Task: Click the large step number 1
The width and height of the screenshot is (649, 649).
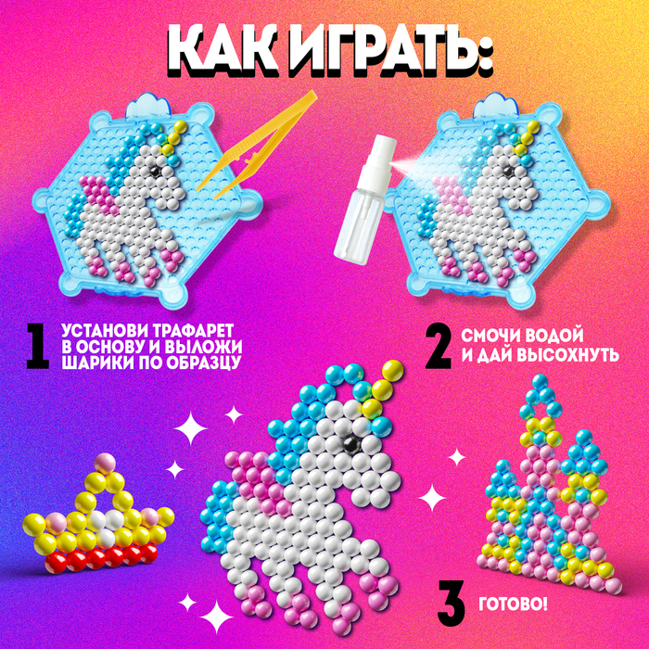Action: [x=38, y=346]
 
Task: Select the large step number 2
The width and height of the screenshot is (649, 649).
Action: [x=439, y=346]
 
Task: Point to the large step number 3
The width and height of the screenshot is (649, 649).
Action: [x=452, y=605]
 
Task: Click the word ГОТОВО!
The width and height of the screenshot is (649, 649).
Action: [x=514, y=605]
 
